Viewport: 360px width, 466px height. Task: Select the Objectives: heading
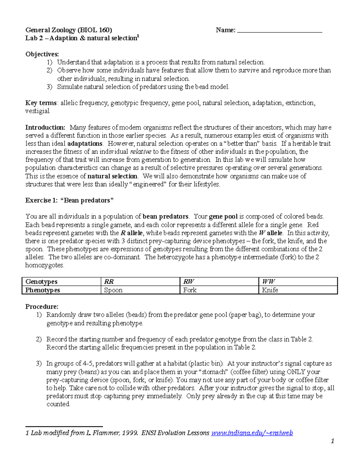tap(42, 54)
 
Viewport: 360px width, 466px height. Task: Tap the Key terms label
tap(41, 103)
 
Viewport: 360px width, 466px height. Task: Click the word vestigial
tap(37, 111)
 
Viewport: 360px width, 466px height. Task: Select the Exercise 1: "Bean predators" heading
tap(69, 200)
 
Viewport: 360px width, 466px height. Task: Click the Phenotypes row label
tap(43, 290)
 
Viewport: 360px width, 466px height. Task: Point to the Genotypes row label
tap(41, 281)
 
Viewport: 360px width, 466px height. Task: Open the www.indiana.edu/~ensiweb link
tap(252, 433)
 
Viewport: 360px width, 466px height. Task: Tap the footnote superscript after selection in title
tap(138, 36)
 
